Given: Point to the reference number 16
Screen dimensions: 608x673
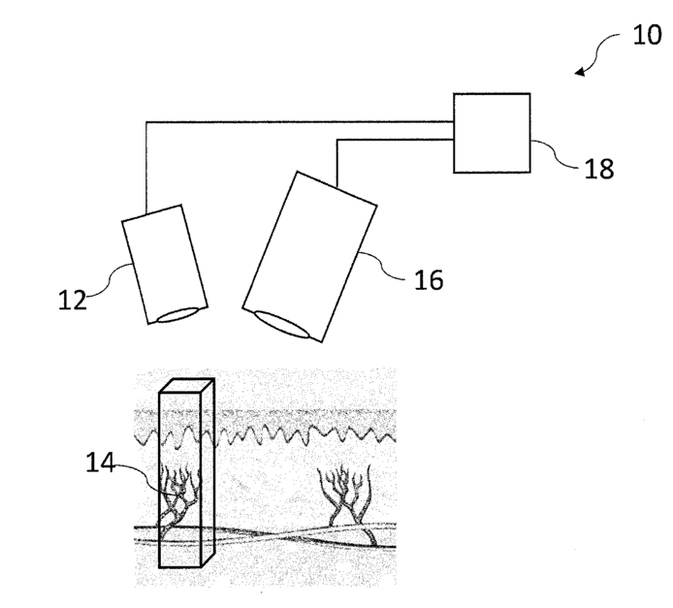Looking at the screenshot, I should coord(428,280).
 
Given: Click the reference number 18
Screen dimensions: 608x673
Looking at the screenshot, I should coord(599,168).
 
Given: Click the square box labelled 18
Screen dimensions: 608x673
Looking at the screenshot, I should coord(492,133).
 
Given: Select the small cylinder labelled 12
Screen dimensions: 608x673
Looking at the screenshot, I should coord(161,263).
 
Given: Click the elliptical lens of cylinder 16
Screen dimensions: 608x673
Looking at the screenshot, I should coord(287,326).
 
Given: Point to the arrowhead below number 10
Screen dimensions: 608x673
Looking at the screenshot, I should coord(582,71).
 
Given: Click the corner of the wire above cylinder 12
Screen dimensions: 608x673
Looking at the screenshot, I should coord(145,122).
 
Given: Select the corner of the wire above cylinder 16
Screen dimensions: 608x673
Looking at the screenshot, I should coord(336,142).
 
